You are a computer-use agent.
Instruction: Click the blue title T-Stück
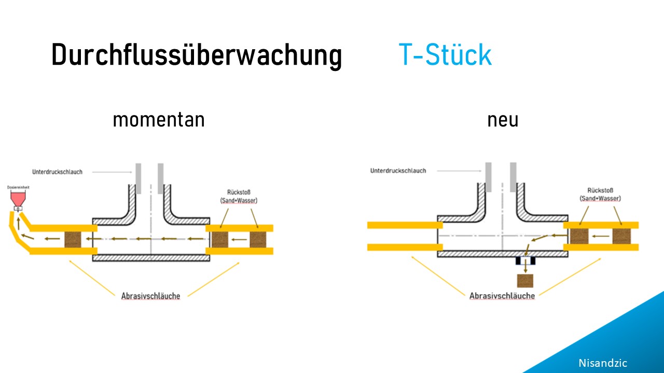click(445, 54)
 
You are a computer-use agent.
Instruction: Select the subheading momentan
click(158, 120)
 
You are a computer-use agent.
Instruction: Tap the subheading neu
click(503, 120)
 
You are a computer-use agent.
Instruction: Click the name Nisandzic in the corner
click(603, 363)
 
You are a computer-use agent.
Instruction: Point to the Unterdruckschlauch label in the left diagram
click(57, 172)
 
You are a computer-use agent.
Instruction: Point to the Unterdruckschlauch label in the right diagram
click(398, 170)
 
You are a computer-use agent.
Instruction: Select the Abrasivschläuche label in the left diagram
click(151, 296)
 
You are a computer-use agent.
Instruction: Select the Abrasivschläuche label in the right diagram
click(502, 295)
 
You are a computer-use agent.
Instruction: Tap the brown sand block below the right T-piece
click(525, 280)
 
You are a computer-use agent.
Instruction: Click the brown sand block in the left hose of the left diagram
click(73, 239)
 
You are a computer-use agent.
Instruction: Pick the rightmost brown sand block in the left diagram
click(258, 239)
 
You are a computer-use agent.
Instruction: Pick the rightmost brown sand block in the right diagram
click(621, 236)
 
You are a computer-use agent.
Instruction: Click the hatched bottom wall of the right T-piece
click(502, 254)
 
